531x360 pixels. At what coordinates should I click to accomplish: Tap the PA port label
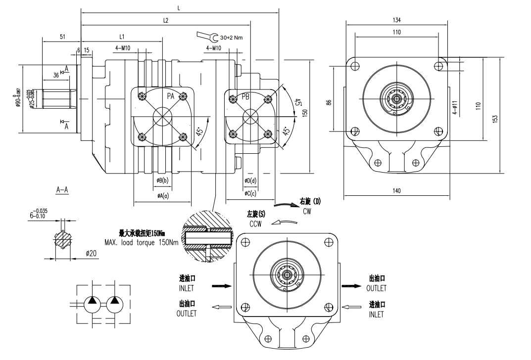pos(170,96)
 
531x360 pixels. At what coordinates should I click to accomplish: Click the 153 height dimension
pos(495,119)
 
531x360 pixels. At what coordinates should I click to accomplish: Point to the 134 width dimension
pos(396,20)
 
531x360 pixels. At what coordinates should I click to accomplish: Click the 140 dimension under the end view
pos(396,190)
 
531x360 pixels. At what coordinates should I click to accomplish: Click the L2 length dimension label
pos(166,21)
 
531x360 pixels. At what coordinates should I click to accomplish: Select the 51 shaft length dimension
pos(62,37)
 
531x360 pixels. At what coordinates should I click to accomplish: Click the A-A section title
pos(62,189)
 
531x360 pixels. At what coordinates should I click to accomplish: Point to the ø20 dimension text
pos(91,254)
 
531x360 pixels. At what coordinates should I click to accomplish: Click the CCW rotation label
pos(255,224)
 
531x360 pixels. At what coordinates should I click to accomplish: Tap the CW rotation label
pos(307,211)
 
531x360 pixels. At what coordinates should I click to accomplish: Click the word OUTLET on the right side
pos(376,288)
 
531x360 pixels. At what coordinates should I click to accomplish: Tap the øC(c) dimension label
pos(250,193)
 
